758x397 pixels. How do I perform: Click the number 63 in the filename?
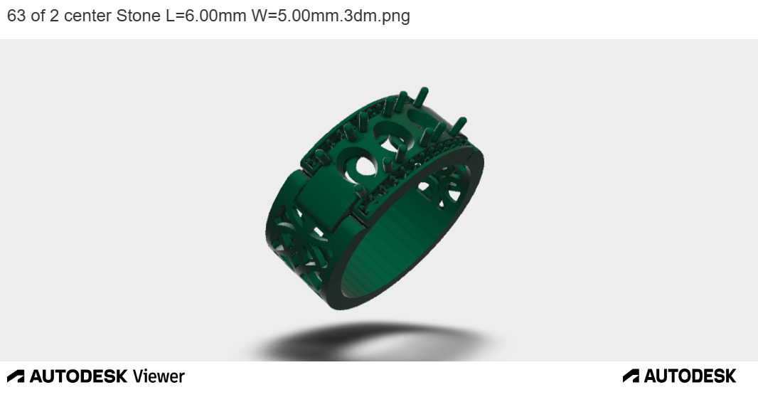pos(16,16)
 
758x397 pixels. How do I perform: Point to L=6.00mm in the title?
pos(206,16)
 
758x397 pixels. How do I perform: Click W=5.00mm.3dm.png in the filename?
pos(331,16)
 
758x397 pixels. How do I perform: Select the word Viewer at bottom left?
pos(159,376)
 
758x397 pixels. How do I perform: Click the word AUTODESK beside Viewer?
pos(78,376)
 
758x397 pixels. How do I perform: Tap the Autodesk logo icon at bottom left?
pos(16,376)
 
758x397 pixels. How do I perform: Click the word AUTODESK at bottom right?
pos(690,376)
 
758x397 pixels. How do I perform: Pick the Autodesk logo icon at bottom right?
pos(631,376)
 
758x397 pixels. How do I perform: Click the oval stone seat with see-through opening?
pos(362,165)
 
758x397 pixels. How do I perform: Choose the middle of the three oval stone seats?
pos(390,133)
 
